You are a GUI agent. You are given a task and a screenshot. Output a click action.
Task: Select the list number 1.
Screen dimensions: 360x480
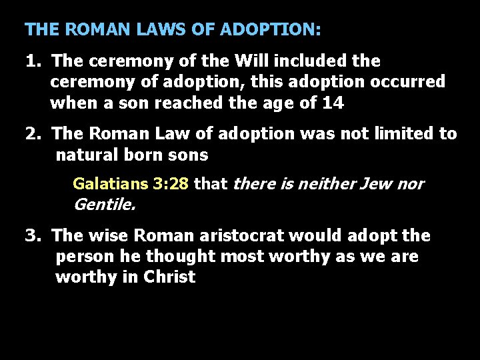pyautogui.click(x=31, y=61)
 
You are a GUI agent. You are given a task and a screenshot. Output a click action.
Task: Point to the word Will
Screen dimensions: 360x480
pyautogui.click(x=250, y=61)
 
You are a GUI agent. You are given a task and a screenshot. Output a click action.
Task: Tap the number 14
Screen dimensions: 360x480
pyautogui.click(x=333, y=103)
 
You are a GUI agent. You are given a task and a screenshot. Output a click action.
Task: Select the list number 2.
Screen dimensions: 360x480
pyautogui.click(x=31, y=134)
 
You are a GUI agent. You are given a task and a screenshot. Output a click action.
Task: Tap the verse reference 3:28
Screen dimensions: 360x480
pyautogui.click(x=170, y=184)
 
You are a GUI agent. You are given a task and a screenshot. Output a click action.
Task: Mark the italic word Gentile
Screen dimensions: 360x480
pyautogui.click(x=104, y=205)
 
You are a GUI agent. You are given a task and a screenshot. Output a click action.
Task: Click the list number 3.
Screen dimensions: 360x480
pyautogui.click(x=31, y=236)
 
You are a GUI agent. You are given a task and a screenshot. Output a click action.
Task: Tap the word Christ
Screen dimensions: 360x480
pyautogui.click(x=169, y=277)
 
